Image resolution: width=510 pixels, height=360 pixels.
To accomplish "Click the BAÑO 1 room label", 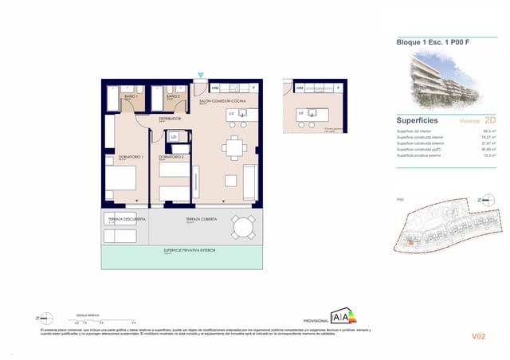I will pos(129,96).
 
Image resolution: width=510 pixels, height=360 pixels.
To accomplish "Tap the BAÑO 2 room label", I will pos(173,96).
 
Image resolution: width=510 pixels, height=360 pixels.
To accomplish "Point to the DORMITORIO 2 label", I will pos(171,157).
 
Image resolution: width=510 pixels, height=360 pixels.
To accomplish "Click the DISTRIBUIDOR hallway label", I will pos(170,118).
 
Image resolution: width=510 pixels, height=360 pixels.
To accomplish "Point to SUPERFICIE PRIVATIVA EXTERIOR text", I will pos(183,250).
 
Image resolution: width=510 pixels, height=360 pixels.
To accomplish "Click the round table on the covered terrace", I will pos(242,229).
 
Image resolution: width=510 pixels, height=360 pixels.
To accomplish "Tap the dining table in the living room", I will pos(232,147).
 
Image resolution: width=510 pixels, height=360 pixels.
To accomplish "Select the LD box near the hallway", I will pos(174,137).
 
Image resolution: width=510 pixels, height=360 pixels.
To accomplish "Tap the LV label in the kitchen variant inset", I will pos(301,114).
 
